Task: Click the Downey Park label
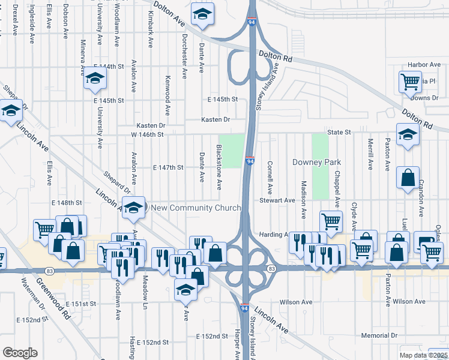[x=316, y=162]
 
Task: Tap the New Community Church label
[x=196, y=208]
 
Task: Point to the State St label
[x=339, y=132]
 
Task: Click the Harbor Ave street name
[x=424, y=64]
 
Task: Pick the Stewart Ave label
[x=277, y=200]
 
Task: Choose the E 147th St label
[x=168, y=167]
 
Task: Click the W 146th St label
[x=147, y=134]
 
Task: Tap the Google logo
[x=20, y=353]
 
